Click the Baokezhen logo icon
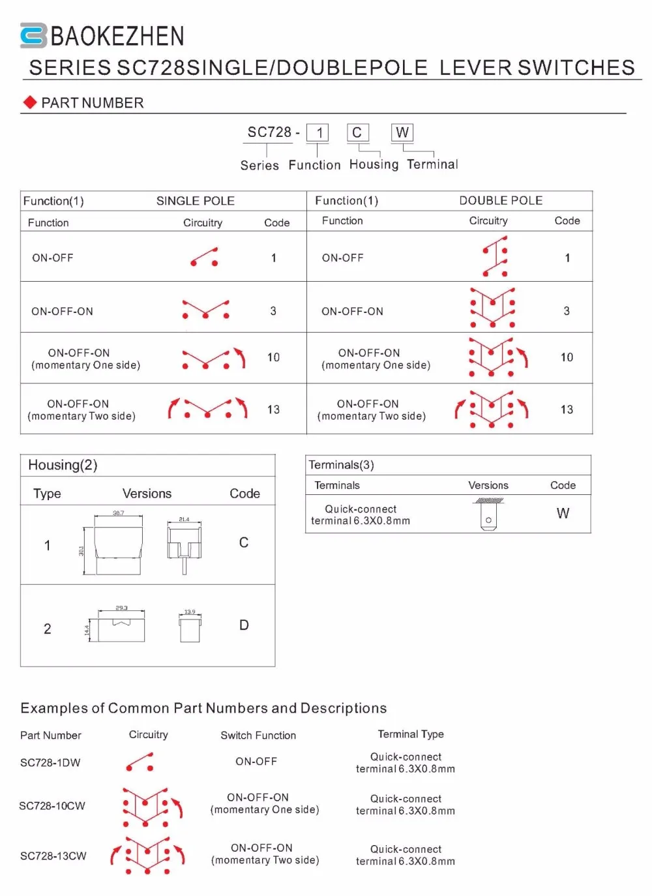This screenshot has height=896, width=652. click(x=33, y=35)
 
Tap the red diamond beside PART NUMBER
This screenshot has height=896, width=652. click(x=29, y=102)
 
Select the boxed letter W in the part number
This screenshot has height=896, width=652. click(x=402, y=132)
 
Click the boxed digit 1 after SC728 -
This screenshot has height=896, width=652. click(x=319, y=133)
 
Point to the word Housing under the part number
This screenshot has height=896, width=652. click(x=374, y=164)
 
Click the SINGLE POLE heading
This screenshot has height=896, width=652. click(x=195, y=201)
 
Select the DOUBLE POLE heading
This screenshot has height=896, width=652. click(x=501, y=200)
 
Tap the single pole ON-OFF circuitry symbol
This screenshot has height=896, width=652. click(x=204, y=257)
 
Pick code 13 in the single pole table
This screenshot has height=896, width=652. click(x=273, y=410)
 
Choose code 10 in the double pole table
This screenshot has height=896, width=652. click(x=567, y=357)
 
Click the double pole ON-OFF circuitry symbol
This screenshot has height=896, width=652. click(x=495, y=257)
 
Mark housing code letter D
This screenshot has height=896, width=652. click(x=244, y=625)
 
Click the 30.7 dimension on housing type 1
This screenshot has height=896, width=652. click(x=118, y=513)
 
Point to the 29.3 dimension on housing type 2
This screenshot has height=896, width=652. click(x=121, y=608)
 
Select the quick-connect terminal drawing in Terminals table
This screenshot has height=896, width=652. click(x=489, y=514)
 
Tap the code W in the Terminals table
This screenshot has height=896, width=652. click(x=563, y=514)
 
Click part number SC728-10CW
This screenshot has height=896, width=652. click(x=52, y=806)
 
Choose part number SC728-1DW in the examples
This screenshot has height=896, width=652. click(x=50, y=762)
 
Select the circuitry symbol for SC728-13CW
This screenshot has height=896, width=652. click(x=147, y=855)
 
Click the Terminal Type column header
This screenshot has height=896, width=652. click(x=411, y=734)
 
